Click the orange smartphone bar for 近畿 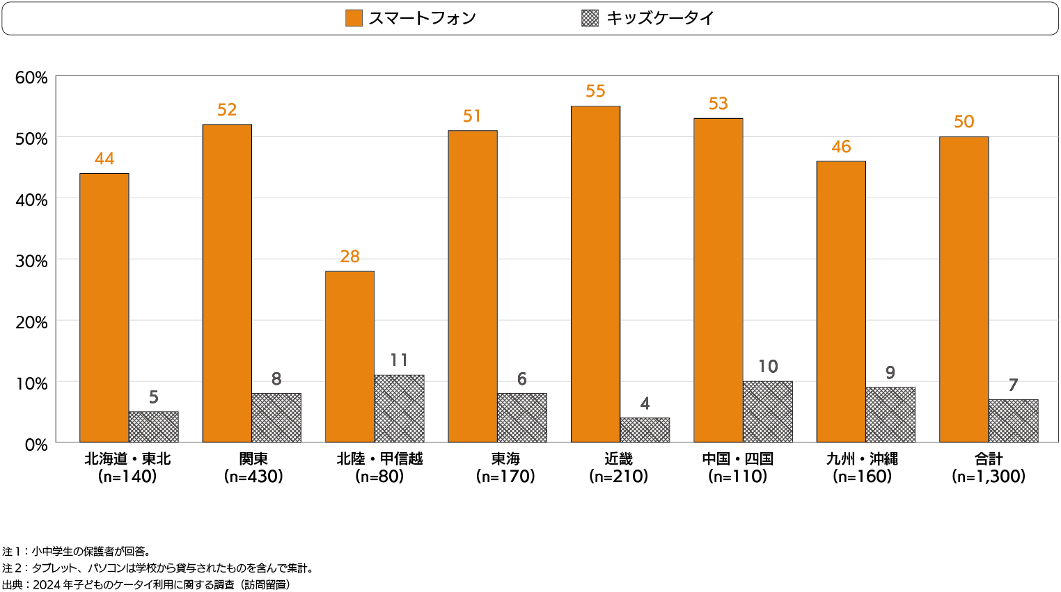tap(595, 274)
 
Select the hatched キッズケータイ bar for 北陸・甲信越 tap(399, 409)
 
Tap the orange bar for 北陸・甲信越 tap(349, 357)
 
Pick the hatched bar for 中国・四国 tap(767, 412)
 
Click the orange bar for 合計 tap(964, 289)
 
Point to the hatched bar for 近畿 tap(645, 430)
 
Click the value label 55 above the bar tap(595, 91)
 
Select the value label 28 tap(349, 257)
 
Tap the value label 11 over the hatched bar tap(399, 360)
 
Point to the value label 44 tap(104, 159)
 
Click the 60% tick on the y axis tap(31, 77)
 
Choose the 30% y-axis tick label tap(31, 261)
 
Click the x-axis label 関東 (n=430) tap(253, 467)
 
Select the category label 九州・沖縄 tap(862, 459)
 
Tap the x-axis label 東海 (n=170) tap(505, 467)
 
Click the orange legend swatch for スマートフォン tap(354, 18)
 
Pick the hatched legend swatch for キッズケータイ tap(590, 18)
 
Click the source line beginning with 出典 tap(146, 585)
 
